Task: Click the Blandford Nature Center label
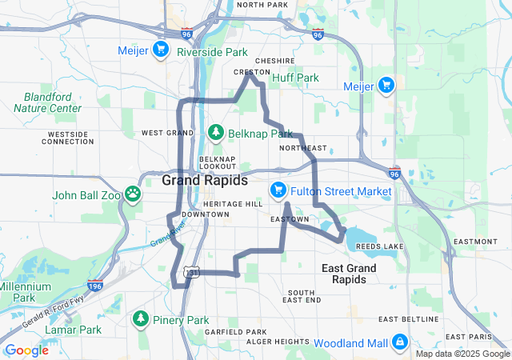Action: coord(47,102)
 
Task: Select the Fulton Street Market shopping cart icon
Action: coord(278,190)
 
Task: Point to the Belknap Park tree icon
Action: coord(214,132)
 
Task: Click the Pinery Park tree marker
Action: coord(141,319)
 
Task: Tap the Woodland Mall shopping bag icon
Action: coord(398,343)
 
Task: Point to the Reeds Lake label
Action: coord(376,246)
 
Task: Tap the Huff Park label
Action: coord(295,78)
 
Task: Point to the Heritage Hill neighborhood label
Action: coord(233,204)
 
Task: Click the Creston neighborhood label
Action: coord(251,72)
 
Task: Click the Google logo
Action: coord(26,350)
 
